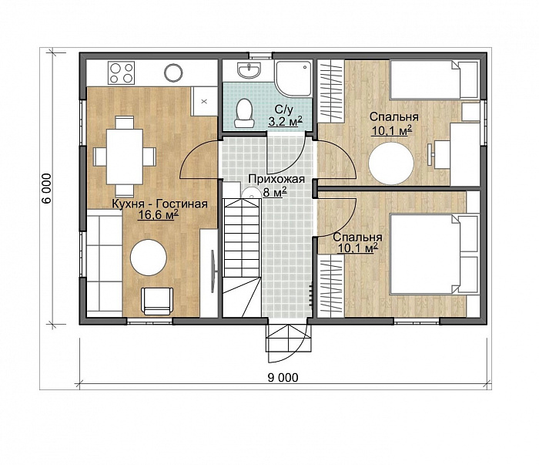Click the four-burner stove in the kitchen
121,72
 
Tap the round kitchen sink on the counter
173,72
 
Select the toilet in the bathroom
244,113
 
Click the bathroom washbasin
249,70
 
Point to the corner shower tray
293,78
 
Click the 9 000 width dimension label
283,378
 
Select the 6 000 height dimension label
46,188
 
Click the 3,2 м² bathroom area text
285,121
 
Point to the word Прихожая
276,180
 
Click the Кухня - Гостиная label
160,204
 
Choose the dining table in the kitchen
125,157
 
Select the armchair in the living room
157,302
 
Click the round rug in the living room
149,257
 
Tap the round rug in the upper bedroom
391,163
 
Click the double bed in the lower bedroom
434,254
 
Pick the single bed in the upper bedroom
434,80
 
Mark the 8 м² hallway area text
275,192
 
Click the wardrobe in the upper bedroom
330,91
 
